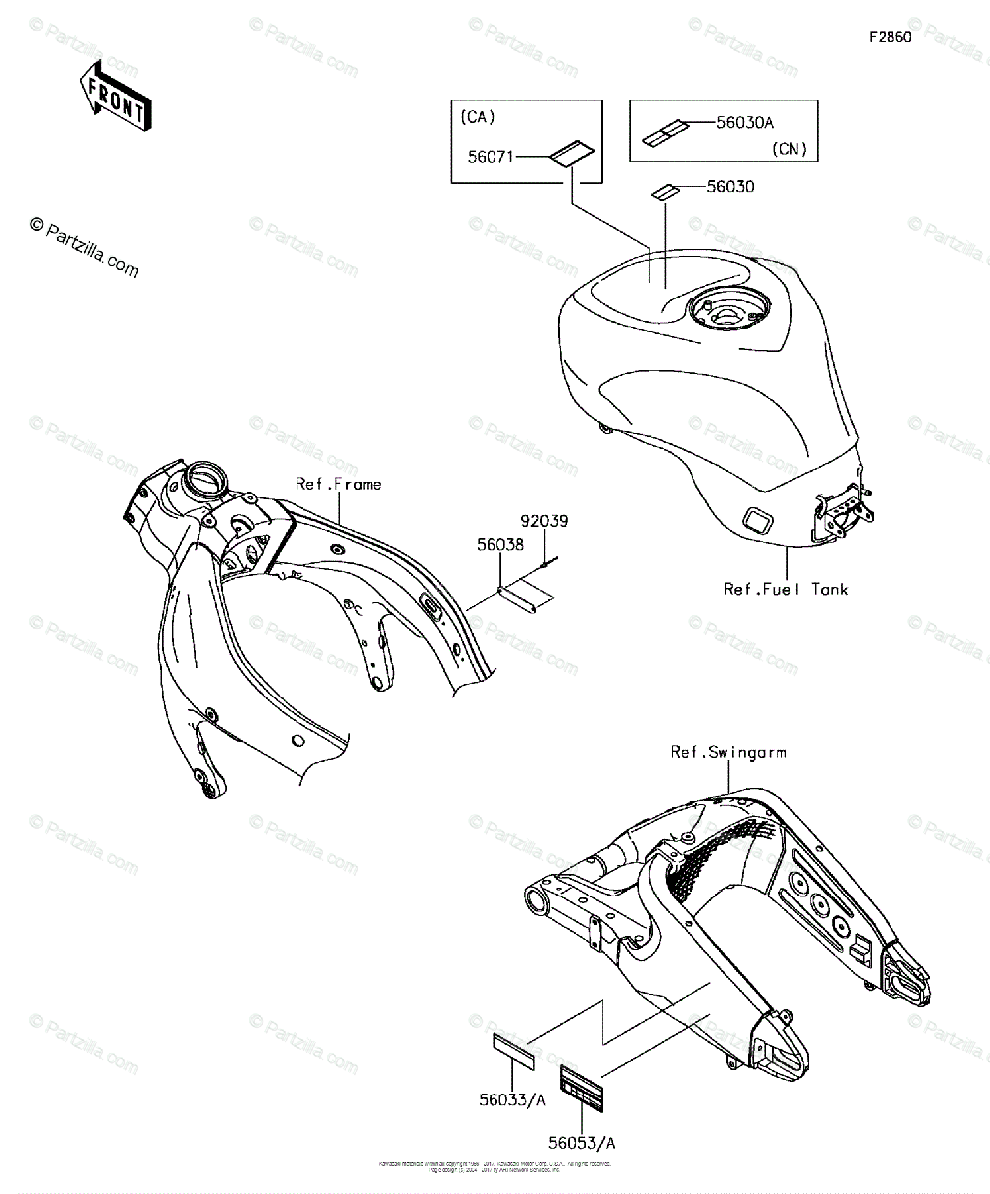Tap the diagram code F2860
(x=890, y=37)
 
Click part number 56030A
(x=744, y=123)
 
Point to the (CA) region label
(x=478, y=116)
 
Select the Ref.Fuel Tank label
(x=786, y=589)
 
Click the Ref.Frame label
(x=337, y=485)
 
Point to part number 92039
(x=542, y=521)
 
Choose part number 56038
(x=499, y=545)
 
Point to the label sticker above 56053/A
(x=582, y=1090)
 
